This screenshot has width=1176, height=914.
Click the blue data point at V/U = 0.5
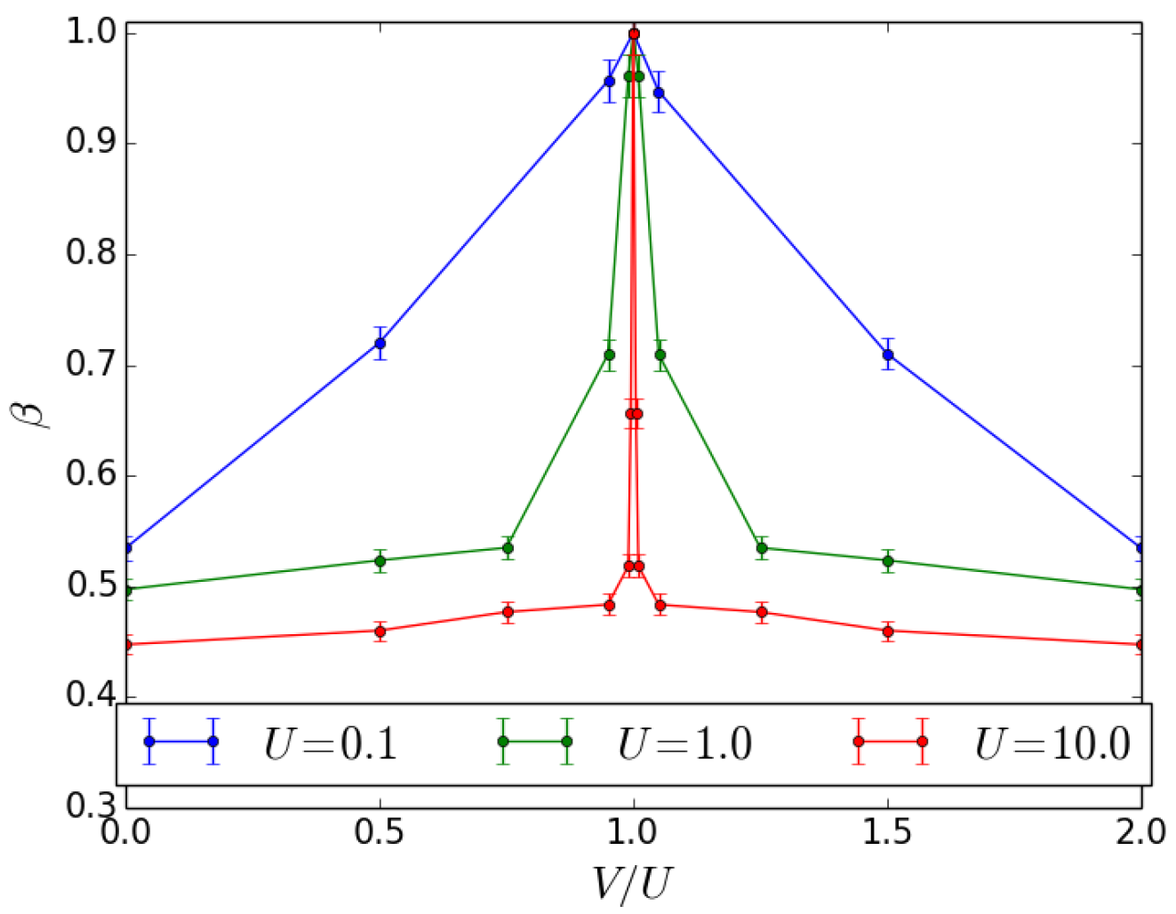380,343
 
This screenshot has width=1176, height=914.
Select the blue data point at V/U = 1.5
887,354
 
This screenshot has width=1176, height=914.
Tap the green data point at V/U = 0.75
508,547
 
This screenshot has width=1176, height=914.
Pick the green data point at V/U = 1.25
761,547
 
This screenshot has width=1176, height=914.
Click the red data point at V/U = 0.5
380,631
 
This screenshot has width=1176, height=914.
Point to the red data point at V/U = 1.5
887,631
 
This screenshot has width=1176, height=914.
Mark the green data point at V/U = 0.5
380,560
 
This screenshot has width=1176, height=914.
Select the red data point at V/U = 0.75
508,611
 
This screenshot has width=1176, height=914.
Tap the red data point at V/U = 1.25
761,611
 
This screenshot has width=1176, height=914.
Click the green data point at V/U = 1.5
887,560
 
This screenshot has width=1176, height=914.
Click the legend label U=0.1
331,743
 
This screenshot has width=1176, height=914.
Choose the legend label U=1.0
685,743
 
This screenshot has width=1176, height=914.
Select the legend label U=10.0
1052,743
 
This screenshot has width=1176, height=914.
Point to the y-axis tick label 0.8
91,254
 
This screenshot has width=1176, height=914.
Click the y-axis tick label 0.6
91,475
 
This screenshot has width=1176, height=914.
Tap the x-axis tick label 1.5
887,832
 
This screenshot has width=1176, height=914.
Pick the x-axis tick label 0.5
380,832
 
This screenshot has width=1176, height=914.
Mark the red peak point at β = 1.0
634,34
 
